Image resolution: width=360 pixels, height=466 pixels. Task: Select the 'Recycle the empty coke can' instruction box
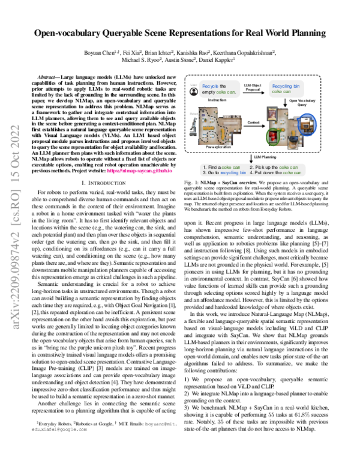click(211, 90)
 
